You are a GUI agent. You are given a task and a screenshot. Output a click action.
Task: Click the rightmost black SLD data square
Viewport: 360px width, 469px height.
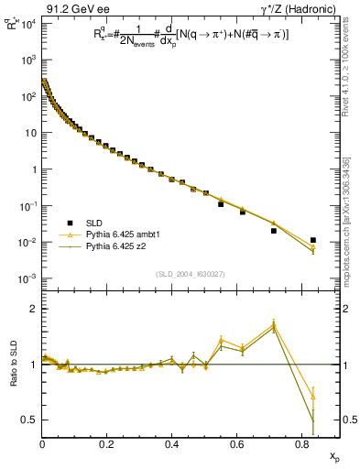[313, 240]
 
